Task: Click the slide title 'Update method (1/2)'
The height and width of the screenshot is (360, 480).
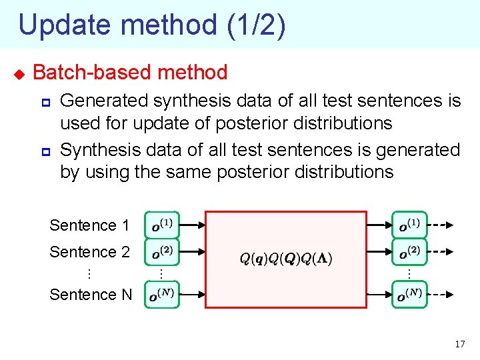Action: click(152, 25)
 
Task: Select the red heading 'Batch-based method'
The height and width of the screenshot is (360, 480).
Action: click(130, 72)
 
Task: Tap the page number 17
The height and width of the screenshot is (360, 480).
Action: click(459, 344)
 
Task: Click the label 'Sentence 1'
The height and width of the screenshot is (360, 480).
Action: click(89, 225)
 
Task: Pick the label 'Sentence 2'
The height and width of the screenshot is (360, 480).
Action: click(89, 252)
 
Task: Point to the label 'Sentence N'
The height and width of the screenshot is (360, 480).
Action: click(91, 294)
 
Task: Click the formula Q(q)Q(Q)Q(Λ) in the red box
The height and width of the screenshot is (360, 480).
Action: click(286, 259)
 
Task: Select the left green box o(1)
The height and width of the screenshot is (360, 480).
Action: click(161, 225)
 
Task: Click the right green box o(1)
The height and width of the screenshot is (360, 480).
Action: click(409, 225)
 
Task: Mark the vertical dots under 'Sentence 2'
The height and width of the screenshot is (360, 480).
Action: click(89, 273)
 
